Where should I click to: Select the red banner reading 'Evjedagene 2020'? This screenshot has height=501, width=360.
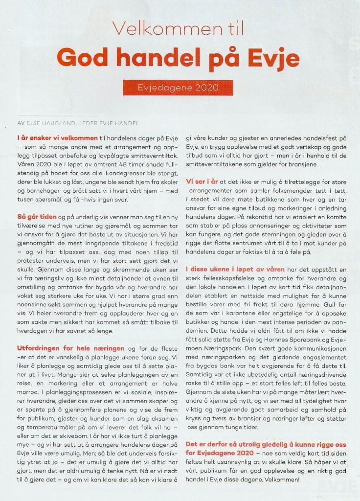(179, 88)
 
